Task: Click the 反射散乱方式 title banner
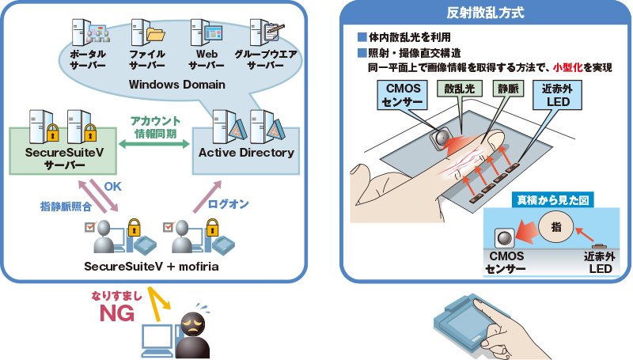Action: click(x=485, y=12)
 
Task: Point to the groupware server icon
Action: click(x=261, y=32)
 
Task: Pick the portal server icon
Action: click(x=87, y=32)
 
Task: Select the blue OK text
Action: click(x=113, y=188)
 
